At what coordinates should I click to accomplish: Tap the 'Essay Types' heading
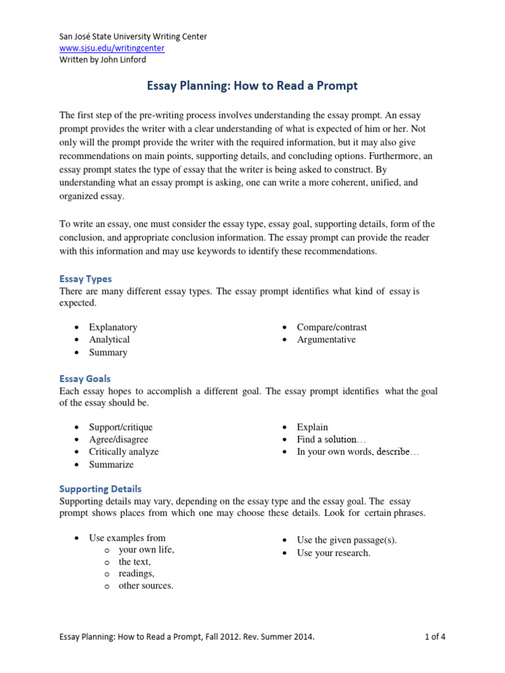(x=85, y=279)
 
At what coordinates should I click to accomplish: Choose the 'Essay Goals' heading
(x=85, y=379)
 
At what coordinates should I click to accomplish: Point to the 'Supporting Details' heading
(x=100, y=489)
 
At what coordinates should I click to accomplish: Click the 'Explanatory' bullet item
(x=113, y=327)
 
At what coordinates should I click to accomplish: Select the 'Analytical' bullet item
(x=109, y=340)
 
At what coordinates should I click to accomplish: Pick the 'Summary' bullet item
(x=108, y=352)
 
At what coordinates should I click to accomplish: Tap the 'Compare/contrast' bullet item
(x=331, y=327)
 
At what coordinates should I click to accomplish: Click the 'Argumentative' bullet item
(x=326, y=340)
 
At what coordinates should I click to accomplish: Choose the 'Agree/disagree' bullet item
(x=118, y=440)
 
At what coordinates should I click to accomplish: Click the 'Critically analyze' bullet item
(x=124, y=452)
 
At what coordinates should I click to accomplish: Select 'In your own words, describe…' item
(x=358, y=452)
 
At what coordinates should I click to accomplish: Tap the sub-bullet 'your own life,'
(x=146, y=550)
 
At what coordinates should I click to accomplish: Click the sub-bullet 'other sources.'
(x=145, y=586)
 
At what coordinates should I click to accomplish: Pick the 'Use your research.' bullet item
(x=333, y=553)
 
